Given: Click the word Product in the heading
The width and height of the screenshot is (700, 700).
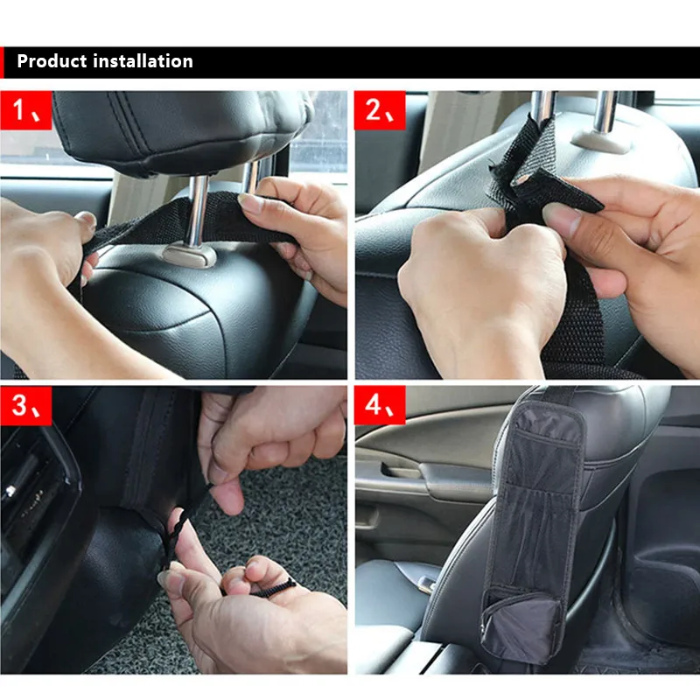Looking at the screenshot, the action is click(52, 61).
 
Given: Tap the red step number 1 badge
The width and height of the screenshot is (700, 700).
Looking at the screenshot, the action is click(26, 110).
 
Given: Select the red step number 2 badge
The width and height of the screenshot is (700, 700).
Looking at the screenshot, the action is click(380, 110).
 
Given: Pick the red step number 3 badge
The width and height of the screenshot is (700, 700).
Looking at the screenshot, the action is click(26, 405).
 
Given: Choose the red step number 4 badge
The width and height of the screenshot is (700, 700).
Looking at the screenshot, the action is click(380, 405).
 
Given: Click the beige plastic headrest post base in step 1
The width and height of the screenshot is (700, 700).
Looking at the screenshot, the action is click(190, 255).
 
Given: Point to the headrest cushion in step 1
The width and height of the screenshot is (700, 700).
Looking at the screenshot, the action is click(178, 129).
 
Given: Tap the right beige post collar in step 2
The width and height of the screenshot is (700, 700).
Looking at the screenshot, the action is click(600, 142).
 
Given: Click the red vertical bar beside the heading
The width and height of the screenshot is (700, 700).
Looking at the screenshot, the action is click(2, 62).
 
